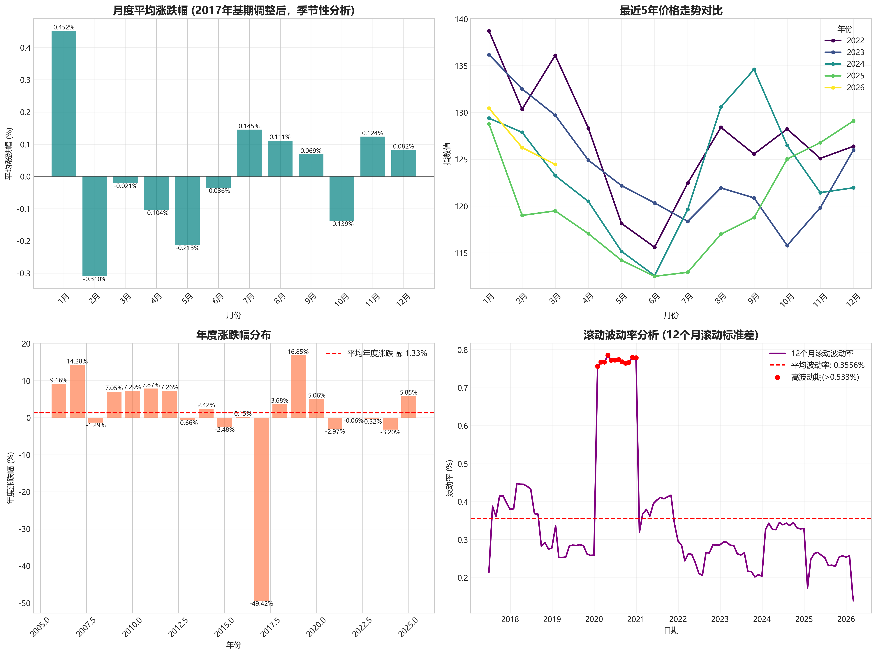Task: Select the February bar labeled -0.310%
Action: pyautogui.click(x=95, y=226)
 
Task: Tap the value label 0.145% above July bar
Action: pyautogui.click(x=249, y=126)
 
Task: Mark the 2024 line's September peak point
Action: pyautogui.click(x=754, y=70)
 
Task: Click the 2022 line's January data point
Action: pyautogui.click(x=489, y=31)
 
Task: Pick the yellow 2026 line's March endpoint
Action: pyautogui.click(x=555, y=164)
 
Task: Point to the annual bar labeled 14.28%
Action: pyautogui.click(x=77, y=391)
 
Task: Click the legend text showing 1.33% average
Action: pyautogui.click(x=387, y=353)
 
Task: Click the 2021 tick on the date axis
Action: pyautogui.click(x=636, y=619)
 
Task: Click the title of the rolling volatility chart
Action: pyautogui.click(x=671, y=335)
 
